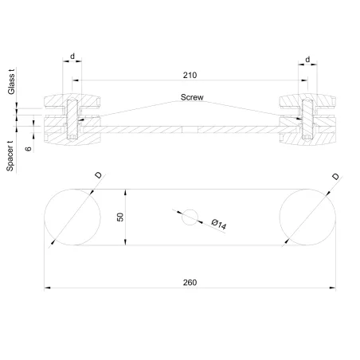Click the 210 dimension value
point(189,75)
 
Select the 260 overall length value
point(189,283)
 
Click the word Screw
point(191,97)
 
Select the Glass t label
point(11,82)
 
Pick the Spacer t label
point(11,156)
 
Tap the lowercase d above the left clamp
point(72,57)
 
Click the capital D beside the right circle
point(335,176)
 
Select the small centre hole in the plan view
point(190,217)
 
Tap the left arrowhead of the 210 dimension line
point(75,81)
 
